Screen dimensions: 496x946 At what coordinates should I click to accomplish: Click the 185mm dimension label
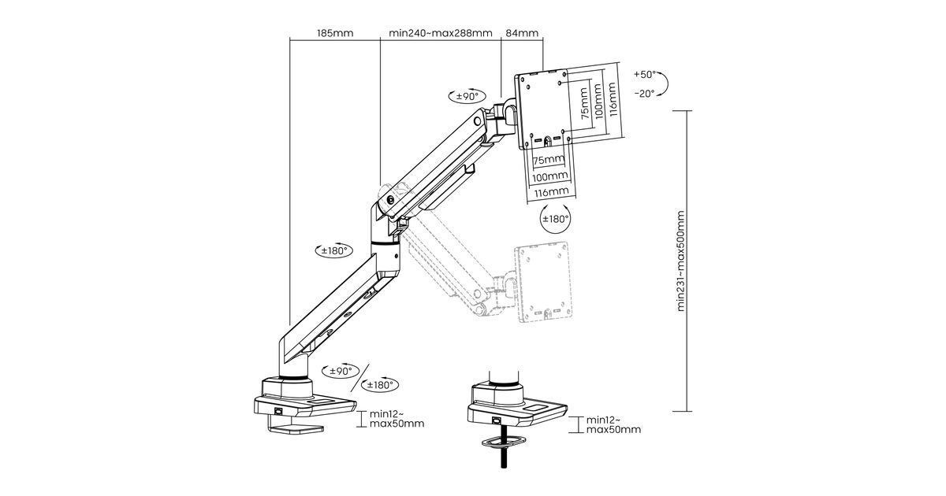tap(334, 34)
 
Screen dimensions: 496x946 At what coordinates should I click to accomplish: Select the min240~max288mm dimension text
tap(441, 34)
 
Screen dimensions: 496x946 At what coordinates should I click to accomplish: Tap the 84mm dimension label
tap(522, 34)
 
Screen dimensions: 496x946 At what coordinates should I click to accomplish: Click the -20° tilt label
tap(644, 92)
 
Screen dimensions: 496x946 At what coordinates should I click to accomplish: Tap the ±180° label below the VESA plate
tap(556, 219)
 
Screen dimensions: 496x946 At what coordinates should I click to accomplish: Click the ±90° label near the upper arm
tap(467, 97)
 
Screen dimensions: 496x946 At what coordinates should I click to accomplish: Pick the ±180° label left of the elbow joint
tap(333, 251)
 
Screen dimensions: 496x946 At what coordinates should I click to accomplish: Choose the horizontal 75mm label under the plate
tap(549, 161)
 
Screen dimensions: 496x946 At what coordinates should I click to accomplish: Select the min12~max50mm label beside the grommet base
tap(613, 424)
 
